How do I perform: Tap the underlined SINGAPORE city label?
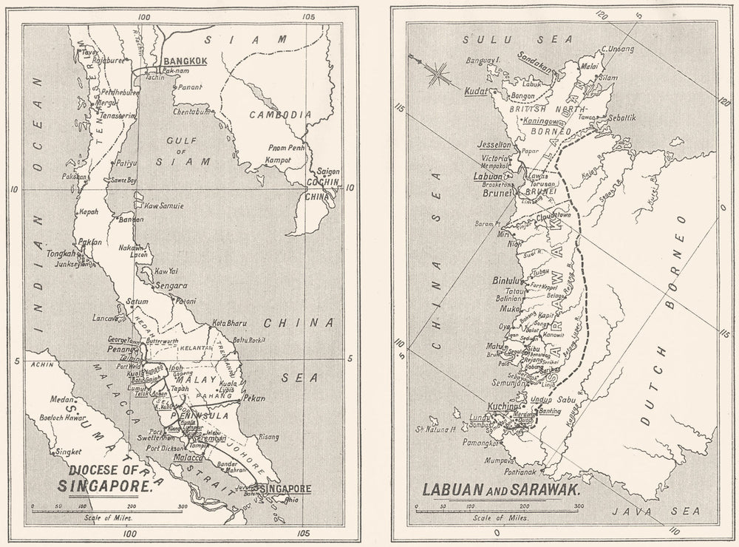click(284, 489)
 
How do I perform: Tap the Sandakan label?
click(536, 62)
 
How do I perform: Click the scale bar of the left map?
click(108, 509)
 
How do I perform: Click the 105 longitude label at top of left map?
click(308, 16)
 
